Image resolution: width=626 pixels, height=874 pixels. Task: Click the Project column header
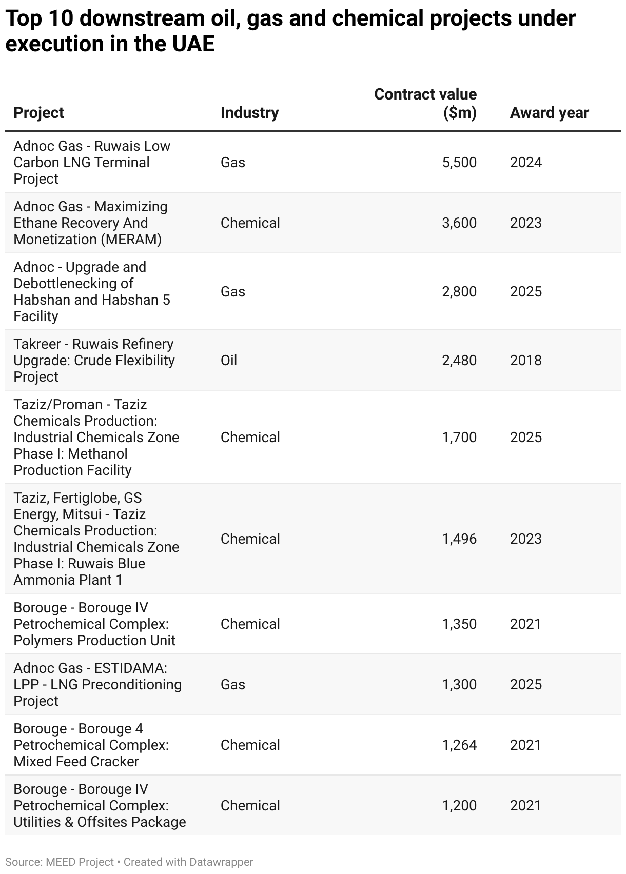click(x=38, y=113)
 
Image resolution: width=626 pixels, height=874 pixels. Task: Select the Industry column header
click(x=249, y=113)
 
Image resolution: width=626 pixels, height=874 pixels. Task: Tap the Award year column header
click(x=549, y=113)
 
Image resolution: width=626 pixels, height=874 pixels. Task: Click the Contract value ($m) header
click(x=425, y=104)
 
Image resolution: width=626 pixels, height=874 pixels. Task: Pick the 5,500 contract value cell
click(x=459, y=163)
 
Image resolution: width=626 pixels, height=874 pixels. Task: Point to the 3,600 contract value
click(x=459, y=223)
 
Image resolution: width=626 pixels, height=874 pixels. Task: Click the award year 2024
click(x=525, y=163)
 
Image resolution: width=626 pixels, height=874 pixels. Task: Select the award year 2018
click(x=525, y=361)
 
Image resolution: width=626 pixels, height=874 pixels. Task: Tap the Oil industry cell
click(x=229, y=361)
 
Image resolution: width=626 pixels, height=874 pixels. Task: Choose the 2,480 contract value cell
click(x=459, y=361)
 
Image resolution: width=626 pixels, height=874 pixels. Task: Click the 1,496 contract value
click(x=459, y=539)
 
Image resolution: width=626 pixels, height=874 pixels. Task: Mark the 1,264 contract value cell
click(x=459, y=745)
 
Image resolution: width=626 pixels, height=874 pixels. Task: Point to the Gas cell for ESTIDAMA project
click(x=233, y=685)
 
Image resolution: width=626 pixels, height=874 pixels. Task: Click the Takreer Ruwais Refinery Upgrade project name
click(x=94, y=361)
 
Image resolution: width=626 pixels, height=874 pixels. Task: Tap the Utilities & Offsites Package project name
click(x=100, y=806)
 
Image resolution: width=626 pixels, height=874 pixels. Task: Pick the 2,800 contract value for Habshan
click(x=459, y=292)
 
